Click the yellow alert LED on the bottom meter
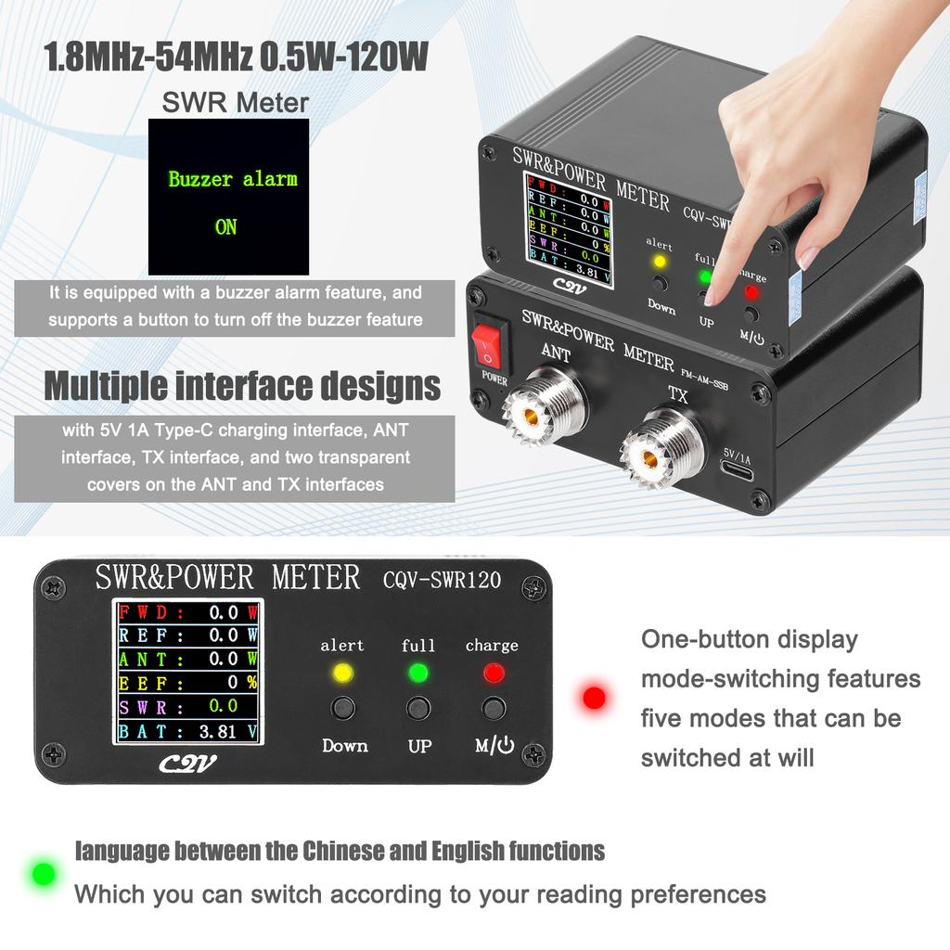click(x=342, y=672)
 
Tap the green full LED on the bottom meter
click(x=418, y=672)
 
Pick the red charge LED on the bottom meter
click(x=493, y=672)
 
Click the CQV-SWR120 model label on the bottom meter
click(x=442, y=581)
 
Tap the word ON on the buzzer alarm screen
click(x=226, y=227)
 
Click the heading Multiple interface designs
click(x=242, y=386)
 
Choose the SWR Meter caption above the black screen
click(x=235, y=102)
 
